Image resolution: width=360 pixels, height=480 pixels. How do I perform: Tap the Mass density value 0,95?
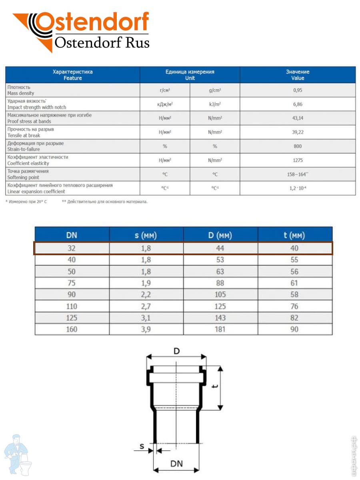[x=297, y=90]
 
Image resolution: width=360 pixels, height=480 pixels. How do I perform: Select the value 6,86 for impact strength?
[x=297, y=104]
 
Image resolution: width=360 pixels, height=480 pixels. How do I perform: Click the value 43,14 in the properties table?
[x=297, y=118]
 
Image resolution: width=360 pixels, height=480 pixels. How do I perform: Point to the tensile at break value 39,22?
[x=297, y=132]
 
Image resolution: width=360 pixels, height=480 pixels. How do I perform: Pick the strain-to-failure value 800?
[x=297, y=146]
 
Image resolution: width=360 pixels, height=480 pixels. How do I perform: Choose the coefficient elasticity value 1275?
[x=297, y=160]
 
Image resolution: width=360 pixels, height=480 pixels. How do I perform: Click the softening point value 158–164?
[x=297, y=174]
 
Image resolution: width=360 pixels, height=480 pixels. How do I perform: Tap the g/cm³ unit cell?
[x=215, y=90]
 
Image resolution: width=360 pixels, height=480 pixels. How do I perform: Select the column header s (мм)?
[x=146, y=235]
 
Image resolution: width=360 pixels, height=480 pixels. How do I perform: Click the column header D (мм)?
[x=220, y=235]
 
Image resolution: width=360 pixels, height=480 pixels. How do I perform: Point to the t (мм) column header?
[x=294, y=235]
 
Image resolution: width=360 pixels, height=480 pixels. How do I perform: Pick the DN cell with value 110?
[x=72, y=306]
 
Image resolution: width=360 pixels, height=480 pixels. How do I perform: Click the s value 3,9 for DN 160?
[x=146, y=330]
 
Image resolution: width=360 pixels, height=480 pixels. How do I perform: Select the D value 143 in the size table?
[x=220, y=318]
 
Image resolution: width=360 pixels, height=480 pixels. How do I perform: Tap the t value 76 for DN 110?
[x=294, y=306]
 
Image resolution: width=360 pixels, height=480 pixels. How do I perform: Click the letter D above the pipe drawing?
[x=176, y=351]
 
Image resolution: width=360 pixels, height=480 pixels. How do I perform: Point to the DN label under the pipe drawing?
[x=176, y=464]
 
